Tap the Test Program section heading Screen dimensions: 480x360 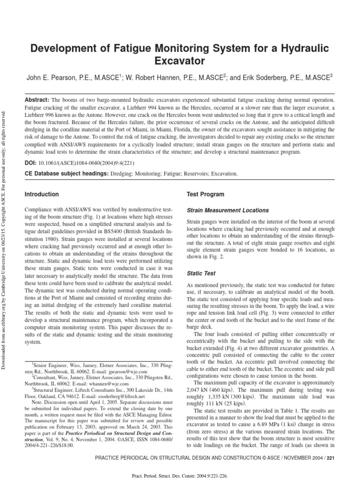click(x=205, y=194)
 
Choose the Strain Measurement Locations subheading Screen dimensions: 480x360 click(x=228, y=210)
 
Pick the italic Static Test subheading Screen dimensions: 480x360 click(x=202, y=273)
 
